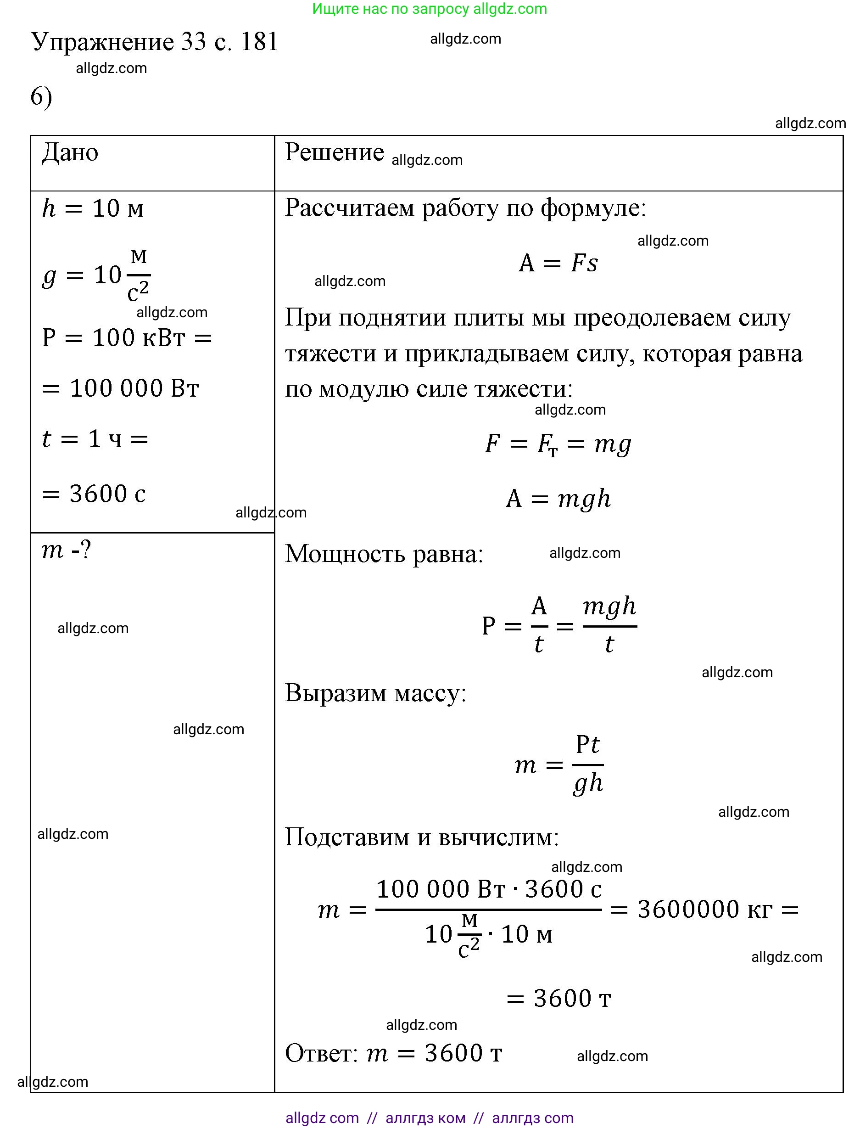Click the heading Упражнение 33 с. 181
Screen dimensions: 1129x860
click(154, 42)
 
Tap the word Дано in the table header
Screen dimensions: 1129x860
click(70, 152)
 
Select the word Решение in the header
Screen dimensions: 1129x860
click(334, 152)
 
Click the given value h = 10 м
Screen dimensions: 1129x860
click(93, 208)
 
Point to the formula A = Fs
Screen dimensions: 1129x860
click(558, 263)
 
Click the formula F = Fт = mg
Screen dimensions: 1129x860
click(558, 444)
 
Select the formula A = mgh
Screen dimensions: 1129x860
click(558, 498)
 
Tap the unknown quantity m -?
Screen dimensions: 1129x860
click(66, 550)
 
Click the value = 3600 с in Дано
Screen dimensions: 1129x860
click(94, 494)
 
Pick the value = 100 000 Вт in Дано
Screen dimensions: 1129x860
click(120, 388)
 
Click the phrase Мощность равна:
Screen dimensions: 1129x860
click(384, 554)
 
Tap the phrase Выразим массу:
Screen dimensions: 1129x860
click(375, 693)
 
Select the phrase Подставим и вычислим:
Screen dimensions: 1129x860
click(421, 837)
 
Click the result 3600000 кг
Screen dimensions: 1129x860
click(704, 910)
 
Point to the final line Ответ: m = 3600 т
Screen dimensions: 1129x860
click(393, 1053)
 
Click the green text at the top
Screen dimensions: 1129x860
click(430, 9)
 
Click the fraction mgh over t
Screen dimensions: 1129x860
click(609, 625)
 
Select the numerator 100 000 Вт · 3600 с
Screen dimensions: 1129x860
click(489, 889)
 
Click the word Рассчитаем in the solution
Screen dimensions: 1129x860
click(349, 208)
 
